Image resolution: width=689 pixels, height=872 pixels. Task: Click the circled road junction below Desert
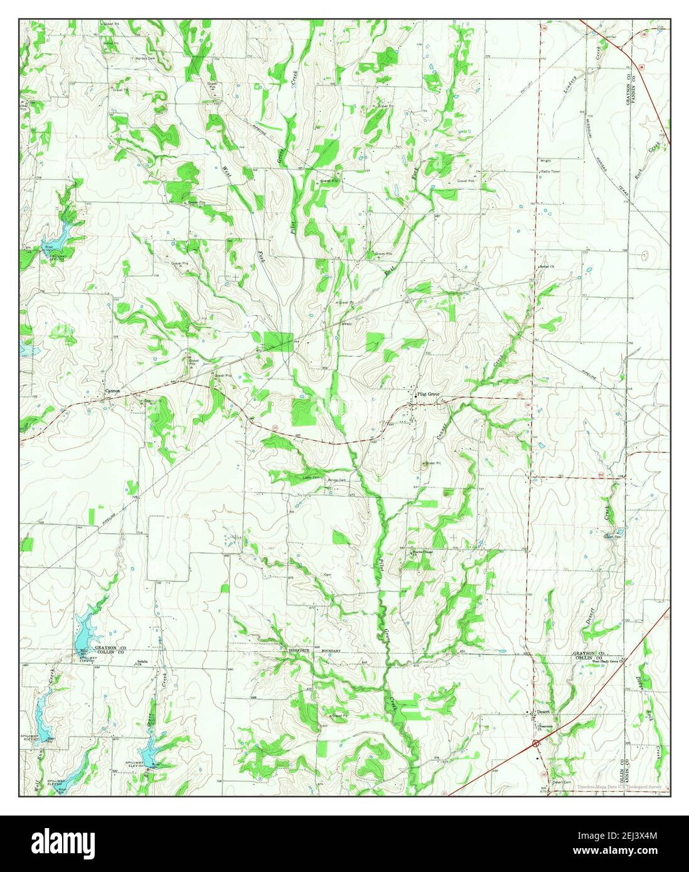pyautogui.click(x=535, y=743)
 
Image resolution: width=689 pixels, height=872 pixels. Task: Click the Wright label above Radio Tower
pyautogui.click(x=545, y=161)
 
